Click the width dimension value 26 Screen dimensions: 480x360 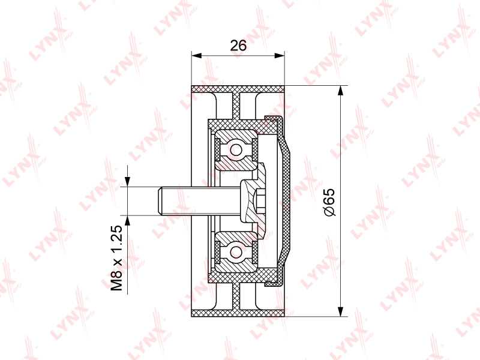point(238,46)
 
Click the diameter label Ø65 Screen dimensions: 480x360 point(329,202)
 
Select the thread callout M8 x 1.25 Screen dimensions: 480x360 point(116,258)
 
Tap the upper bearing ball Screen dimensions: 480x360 point(236,150)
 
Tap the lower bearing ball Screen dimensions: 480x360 point(236,252)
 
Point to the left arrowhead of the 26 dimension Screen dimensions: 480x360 point(197,55)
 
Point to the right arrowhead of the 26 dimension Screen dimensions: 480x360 point(279,55)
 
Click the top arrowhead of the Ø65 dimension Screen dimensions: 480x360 point(340,91)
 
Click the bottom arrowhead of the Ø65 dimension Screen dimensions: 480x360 point(340,311)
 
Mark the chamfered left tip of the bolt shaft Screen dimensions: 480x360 point(160,201)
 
